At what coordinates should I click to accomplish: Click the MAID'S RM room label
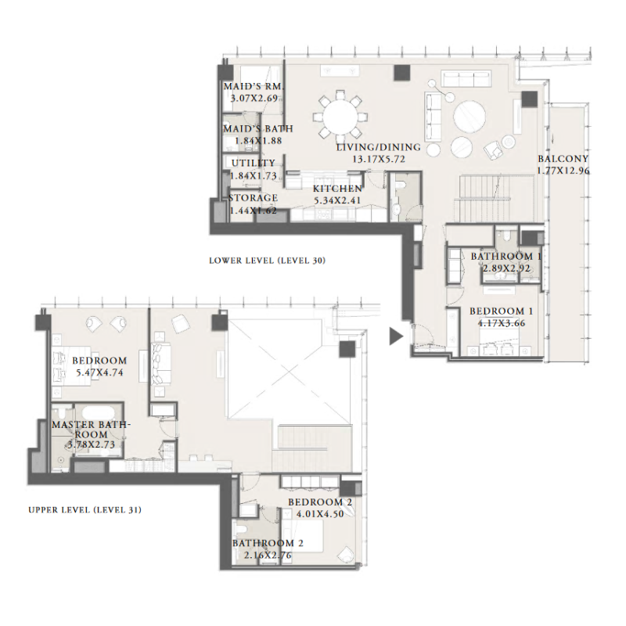coord(252,86)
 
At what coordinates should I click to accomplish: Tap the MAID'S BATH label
coord(257,128)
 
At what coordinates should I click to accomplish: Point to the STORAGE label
coord(253,198)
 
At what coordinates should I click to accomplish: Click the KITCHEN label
coord(337,189)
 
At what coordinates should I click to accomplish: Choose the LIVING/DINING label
coord(378,147)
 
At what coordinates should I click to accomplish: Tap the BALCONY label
coord(563,159)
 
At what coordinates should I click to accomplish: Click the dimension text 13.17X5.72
coord(378,159)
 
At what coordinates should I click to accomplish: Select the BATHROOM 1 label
coord(506,256)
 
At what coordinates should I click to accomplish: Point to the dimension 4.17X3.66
coord(501,322)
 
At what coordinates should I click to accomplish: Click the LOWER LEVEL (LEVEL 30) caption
coord(267,260)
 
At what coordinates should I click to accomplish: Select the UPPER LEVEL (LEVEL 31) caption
coord(85,510)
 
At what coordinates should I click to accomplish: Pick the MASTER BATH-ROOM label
coord(91,430)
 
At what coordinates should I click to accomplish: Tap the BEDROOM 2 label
coord(320,502)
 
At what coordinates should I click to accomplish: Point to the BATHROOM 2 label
coord(268,543)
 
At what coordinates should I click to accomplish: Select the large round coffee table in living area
coord(470,117)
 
